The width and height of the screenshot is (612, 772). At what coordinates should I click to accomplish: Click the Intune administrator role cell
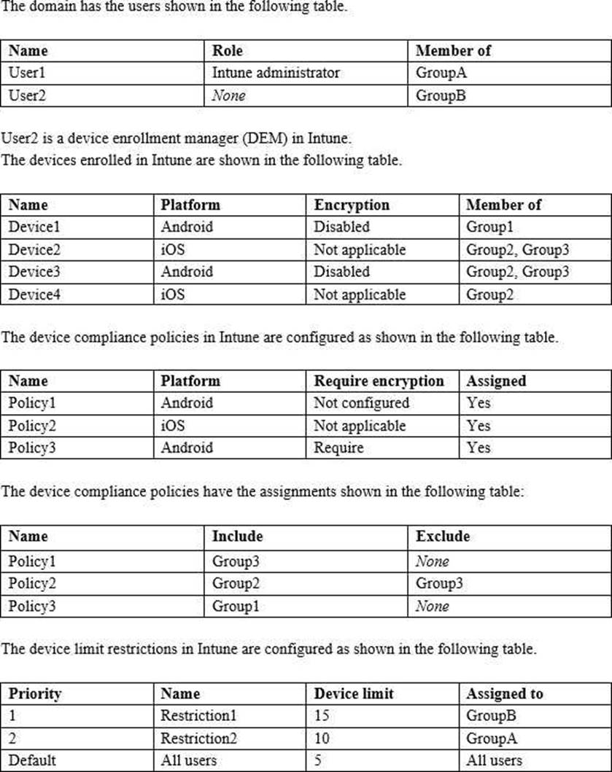click(275, 73)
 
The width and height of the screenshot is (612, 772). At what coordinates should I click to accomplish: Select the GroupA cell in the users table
click(441, 73)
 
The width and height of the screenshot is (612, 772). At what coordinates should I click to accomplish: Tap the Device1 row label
click(30, 227)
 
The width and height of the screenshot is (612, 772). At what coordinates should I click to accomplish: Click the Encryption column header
click(352, 205)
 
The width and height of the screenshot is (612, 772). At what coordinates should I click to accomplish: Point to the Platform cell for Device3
click(187, 271)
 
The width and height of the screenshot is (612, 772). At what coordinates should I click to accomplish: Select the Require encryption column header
click(379, 381)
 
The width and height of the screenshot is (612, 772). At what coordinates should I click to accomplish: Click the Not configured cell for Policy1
click(361, 402)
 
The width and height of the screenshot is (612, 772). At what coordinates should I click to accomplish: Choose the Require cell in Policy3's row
click(338, 447)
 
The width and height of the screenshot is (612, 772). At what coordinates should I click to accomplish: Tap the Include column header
click(237, 537)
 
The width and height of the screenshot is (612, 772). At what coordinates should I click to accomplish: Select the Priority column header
click(35, 694)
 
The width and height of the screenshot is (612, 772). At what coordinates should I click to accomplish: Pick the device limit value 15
click(322, 716)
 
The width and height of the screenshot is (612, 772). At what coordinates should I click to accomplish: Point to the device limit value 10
click(322, 738)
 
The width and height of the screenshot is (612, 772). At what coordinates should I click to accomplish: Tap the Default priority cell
click(32, 760)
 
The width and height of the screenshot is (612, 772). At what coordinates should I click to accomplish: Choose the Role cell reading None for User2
click(228, 95)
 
